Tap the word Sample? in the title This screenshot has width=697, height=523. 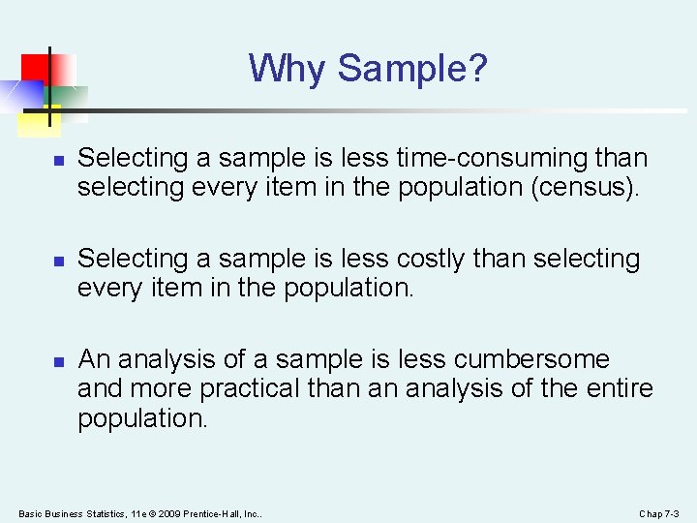tap(413, 69)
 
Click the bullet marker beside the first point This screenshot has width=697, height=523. tap(58, 160)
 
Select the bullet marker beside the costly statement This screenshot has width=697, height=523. tap(58, 261)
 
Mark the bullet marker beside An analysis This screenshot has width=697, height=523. tap(58, 361)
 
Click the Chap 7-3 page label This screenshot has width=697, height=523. tap(660, 512)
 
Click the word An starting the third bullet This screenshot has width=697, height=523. tap(95, 359)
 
